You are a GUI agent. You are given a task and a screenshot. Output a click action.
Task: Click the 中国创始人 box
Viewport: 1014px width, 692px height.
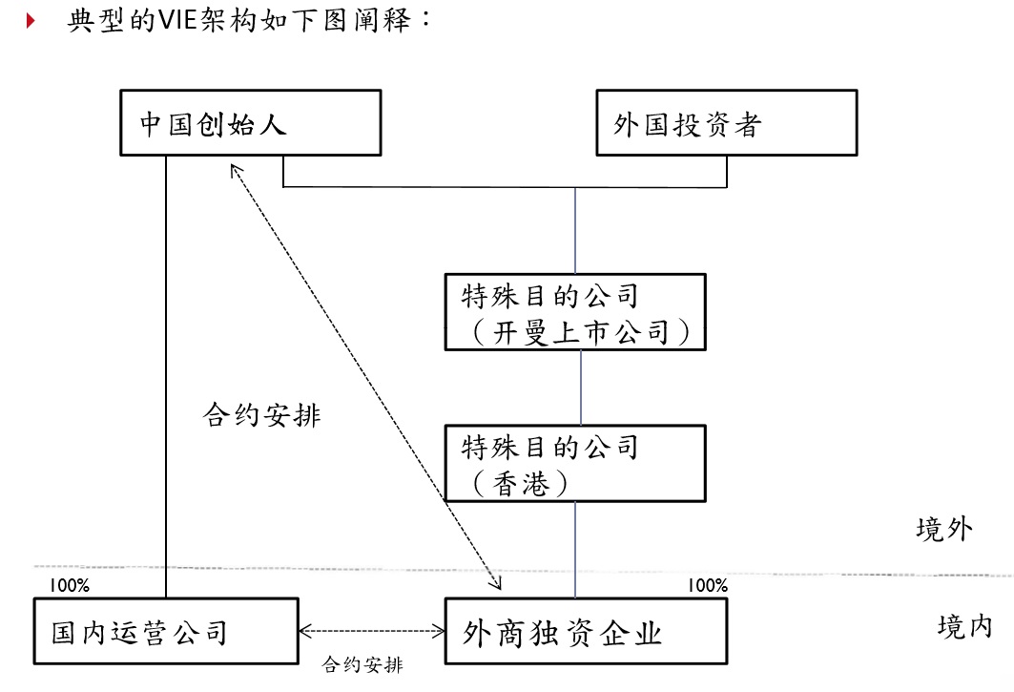250,123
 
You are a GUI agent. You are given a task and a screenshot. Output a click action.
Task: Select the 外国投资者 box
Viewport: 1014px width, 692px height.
726,123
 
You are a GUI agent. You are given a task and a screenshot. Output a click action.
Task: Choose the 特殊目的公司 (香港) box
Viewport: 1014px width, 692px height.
576,464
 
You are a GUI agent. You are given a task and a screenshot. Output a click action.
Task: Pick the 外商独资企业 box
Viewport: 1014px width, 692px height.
576,631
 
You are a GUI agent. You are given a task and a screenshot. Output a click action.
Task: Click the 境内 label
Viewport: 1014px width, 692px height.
964,626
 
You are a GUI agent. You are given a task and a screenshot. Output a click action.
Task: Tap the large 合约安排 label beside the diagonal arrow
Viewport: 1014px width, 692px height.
261,415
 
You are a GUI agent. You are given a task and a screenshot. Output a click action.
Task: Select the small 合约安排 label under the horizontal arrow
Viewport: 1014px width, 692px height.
362,664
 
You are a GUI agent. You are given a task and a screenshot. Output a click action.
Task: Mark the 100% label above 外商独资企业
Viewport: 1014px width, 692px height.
708,585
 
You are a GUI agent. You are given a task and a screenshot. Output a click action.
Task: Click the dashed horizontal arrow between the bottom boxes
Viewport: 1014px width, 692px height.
372,631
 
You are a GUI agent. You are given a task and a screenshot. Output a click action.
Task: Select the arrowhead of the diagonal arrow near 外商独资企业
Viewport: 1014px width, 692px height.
495,581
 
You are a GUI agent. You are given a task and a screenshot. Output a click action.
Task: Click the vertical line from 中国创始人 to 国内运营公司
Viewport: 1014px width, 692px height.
166,382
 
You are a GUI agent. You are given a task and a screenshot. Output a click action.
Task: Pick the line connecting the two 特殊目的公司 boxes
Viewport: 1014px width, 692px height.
580,387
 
